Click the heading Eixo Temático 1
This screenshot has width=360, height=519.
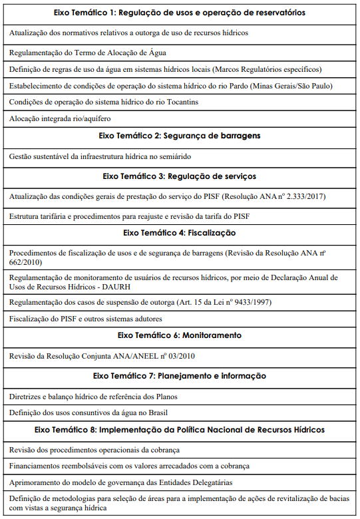click(x=180, y=13)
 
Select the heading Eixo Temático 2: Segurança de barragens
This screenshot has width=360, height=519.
click(x=180, y=136)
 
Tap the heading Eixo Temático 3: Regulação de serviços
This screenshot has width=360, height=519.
click(x=180, y=176)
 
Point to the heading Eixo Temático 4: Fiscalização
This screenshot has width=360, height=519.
click(x=180, y=233)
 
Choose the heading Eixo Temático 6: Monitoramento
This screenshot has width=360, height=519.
click(x=180, y=335)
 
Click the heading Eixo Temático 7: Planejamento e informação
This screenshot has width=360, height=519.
click(x=180, y=376)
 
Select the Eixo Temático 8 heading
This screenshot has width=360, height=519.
click(x=180, y=430)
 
